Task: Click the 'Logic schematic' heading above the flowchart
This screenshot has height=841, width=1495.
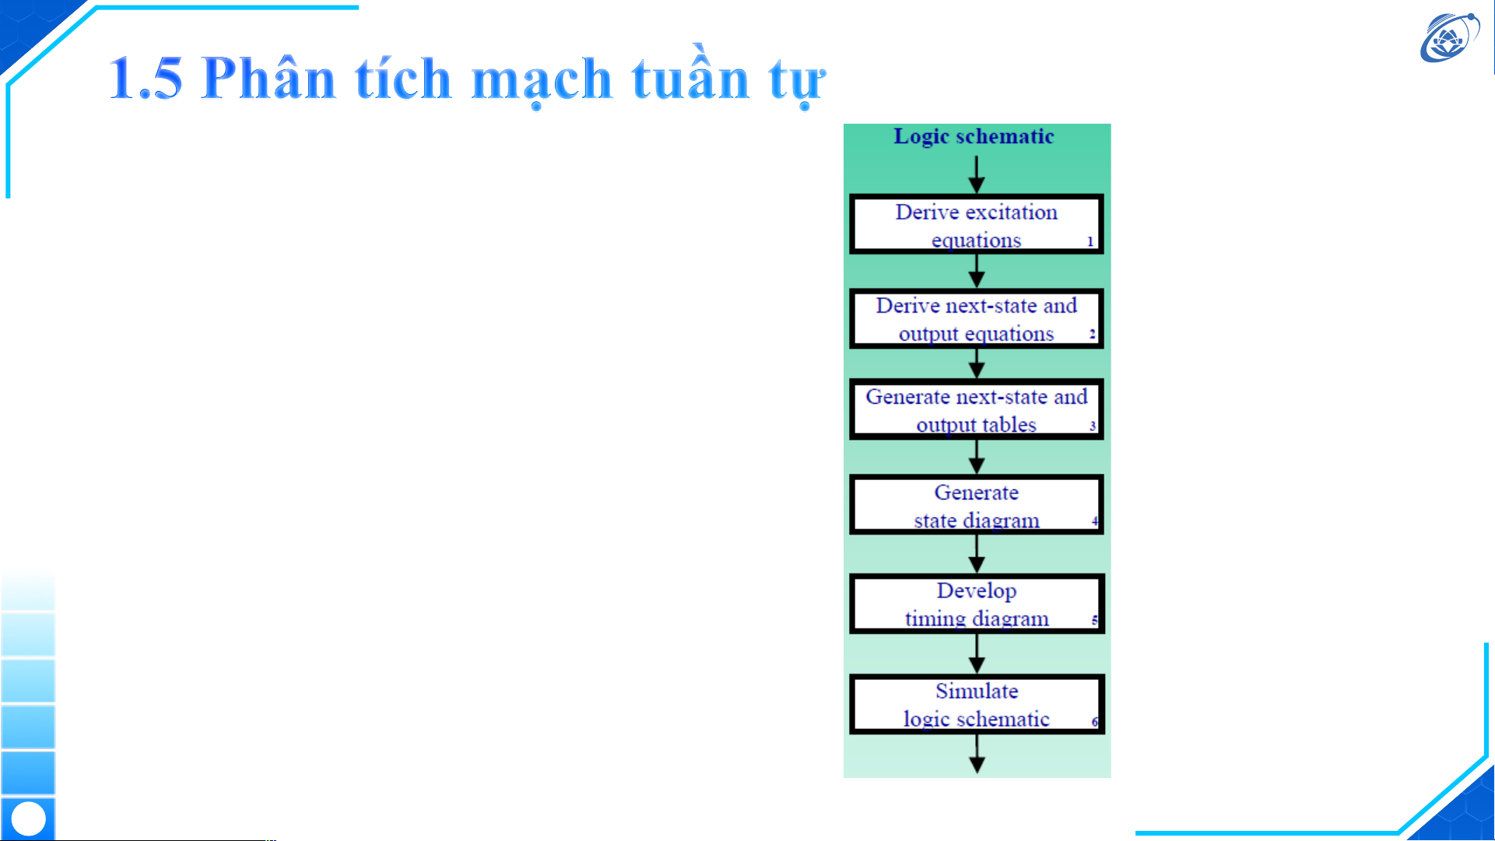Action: click(x=974, y=137)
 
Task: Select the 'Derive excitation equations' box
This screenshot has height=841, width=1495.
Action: click(x=977, y=225)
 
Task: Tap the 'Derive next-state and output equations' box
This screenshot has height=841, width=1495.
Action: click(x=977, y=319)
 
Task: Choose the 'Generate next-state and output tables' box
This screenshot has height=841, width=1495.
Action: click(x=977, y=410)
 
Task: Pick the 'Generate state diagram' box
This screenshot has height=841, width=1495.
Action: click(x=977, y=505)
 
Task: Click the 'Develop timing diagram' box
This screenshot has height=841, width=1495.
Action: click(x=977, y=604)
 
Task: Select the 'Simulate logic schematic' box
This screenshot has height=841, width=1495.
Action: click(x=977, y=704)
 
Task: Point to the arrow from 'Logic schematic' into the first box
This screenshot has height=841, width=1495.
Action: click(x=977, y=174)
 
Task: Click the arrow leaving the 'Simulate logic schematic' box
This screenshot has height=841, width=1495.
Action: click(x=977, y=753)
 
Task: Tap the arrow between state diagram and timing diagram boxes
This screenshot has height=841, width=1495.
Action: click(x=977, y=554)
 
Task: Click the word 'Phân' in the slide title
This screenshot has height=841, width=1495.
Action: click(x=268, y=78)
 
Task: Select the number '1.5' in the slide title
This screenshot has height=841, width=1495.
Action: click(x=146, y=79)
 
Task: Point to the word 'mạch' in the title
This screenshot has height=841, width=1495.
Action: click(x=542, y=81)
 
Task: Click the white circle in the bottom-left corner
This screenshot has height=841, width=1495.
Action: click(x=29, y=819)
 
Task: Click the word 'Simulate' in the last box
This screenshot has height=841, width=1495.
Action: click(x=977, y=691)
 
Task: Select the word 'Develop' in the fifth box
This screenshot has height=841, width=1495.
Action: click(x=977, y=592)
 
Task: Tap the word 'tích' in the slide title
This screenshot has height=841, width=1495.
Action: click(x=403, y=78)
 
